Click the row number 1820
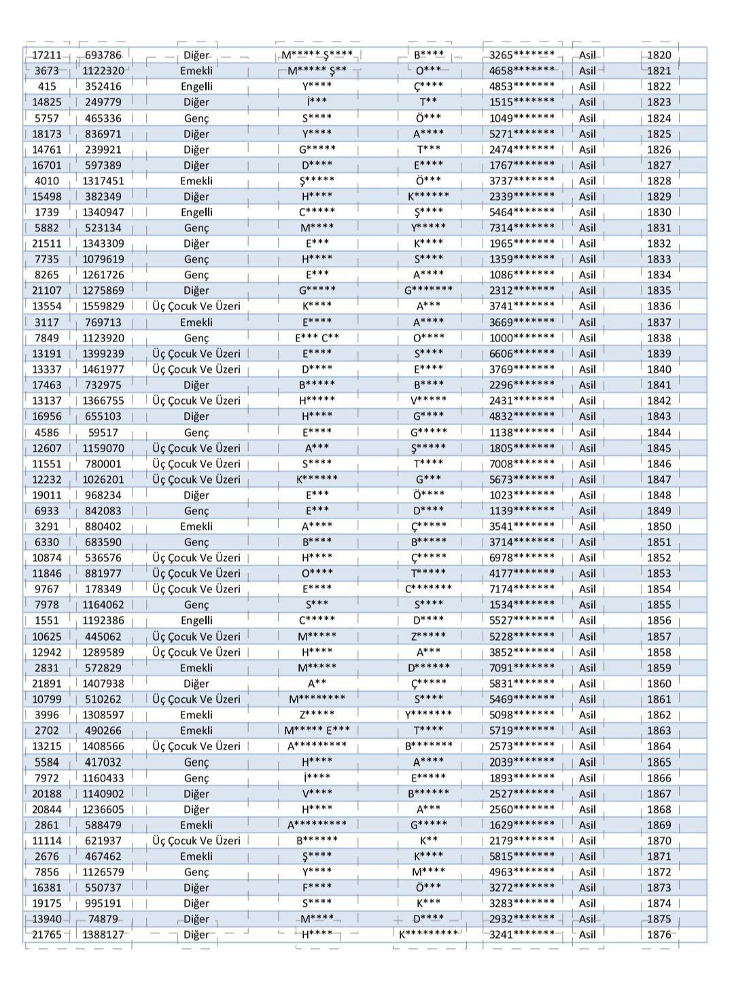pyautogui.click(x=659, y=55)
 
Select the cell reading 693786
pyautogui.click(x=103, y=55)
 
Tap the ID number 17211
pyautogui.click(x=47, y=55)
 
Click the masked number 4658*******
pyautogui.click(x=522, y=71)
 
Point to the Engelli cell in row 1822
pyautogui.click(x=196, y=86)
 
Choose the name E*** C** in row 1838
pyautogui.click(x=317, y=338)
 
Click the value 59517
pyautogui.click(x=103, y=433)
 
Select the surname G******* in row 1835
pyautogui.click(x=428, y=290)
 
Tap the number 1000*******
pyautogui.click(x=522, y=338)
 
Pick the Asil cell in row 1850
pyautogui.click(x=587, y=526)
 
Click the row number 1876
pyautogui.click(x=659, y=935)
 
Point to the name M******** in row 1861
pyautogui.click(x=317, y=699)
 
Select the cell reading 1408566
pyautogui.click(x=103, y=746)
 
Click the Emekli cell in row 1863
pyautogui.click(x=196, y=731)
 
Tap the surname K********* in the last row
pyautogui.click(x=428, y=935)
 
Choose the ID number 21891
pyautogui.click(x=47, y=684)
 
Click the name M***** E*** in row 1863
pyautogui.click(x=317, y=731)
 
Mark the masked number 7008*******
pyautogui.click(x=522, y=464)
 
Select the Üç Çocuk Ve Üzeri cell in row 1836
pyautogui.click(x=196, y=306)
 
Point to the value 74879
pyautogui.click(x=103, y=919)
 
